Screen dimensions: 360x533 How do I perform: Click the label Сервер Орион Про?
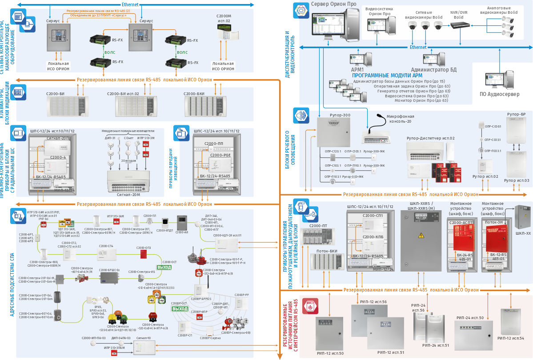click(333, 4)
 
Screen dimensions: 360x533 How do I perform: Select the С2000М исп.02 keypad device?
click(228, 33)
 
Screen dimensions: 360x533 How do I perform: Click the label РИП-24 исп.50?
click(470, 318)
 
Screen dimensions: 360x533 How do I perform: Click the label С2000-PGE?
click(221, 156)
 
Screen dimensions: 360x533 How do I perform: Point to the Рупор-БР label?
click(516, 114)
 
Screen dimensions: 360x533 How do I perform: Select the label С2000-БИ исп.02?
click(123, 94)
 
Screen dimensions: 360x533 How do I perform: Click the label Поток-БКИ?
click(327, 251)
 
